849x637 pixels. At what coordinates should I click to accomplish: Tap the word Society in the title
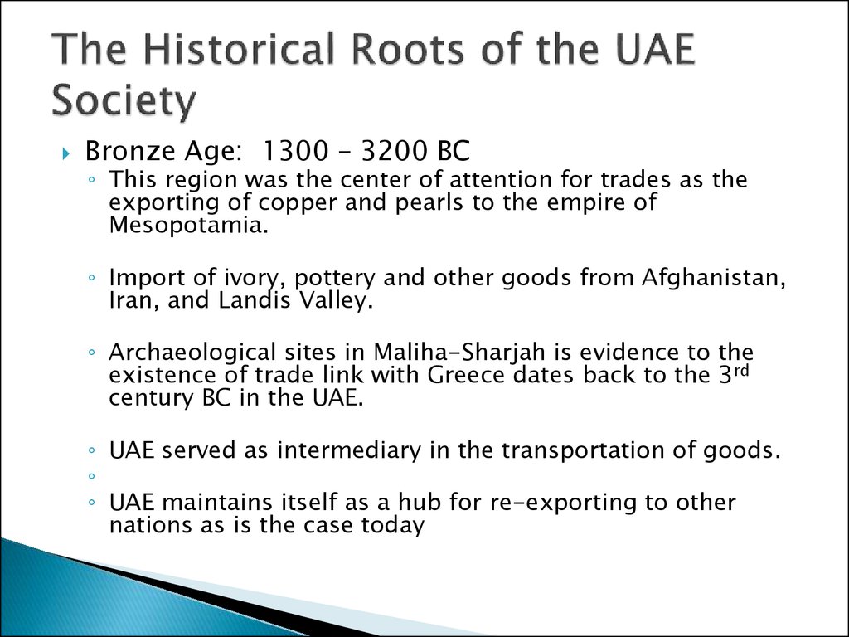pyautogui.click(x=123, y=100)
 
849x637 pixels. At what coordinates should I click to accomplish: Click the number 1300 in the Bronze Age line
pyautogui.click(x=294, y=151)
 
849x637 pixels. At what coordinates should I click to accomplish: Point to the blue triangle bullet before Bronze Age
pyautogui.click(x=66, y=153)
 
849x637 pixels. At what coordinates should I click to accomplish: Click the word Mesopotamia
pyautogui.click(x=188, y=225)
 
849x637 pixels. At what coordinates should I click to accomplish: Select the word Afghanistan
pyautogui.click(x=714, y=277)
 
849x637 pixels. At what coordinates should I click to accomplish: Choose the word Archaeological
pyautogui.click(x=192, y=353)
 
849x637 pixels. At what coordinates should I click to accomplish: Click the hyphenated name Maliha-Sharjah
pyautogui.click(x=458, y=353)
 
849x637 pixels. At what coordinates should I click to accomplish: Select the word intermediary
pyautogui.click(x=349, y=450)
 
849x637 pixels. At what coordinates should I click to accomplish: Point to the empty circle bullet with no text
pyautogui.click(x=91, y=476)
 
